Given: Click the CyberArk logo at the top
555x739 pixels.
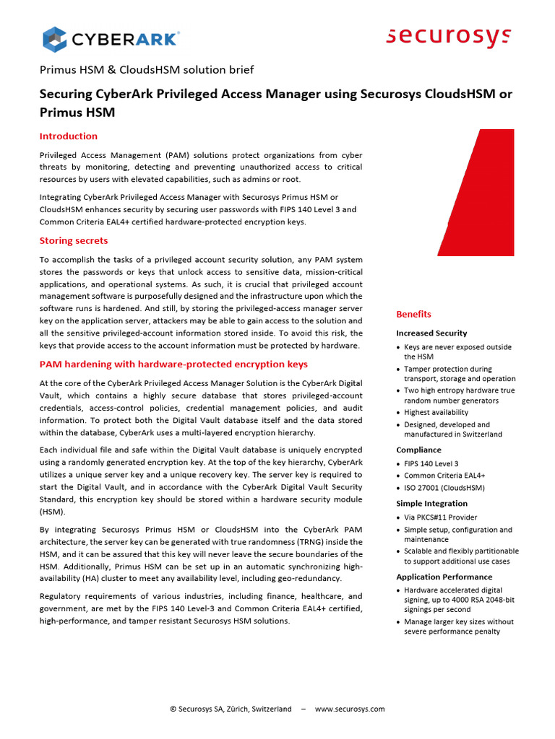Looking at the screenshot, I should coord(111,38).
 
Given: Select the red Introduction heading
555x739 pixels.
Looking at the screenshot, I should coord(69,136).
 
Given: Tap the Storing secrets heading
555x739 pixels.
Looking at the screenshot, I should coord(74,240).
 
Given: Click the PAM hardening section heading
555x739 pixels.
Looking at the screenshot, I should coord(173,364).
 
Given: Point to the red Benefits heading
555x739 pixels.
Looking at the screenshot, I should coord(413,314).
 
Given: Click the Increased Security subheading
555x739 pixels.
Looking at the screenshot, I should coord(431,333).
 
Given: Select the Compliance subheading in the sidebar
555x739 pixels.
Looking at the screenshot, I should coord(418,450).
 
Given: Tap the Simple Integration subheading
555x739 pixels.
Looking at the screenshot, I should coord(431,503).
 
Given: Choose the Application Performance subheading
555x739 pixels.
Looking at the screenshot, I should coord(444,577).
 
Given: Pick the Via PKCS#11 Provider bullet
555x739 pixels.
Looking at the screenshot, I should coord(440,517).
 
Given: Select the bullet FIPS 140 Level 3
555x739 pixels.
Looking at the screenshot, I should coord(431,463).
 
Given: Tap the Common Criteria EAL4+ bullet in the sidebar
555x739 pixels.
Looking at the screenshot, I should coord(444,476).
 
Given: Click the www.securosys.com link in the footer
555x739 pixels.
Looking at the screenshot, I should coord(350,709).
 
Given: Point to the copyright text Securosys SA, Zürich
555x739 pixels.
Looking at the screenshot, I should coord(231,709).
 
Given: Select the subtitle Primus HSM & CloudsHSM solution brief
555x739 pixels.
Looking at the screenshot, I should coord(147,70).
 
